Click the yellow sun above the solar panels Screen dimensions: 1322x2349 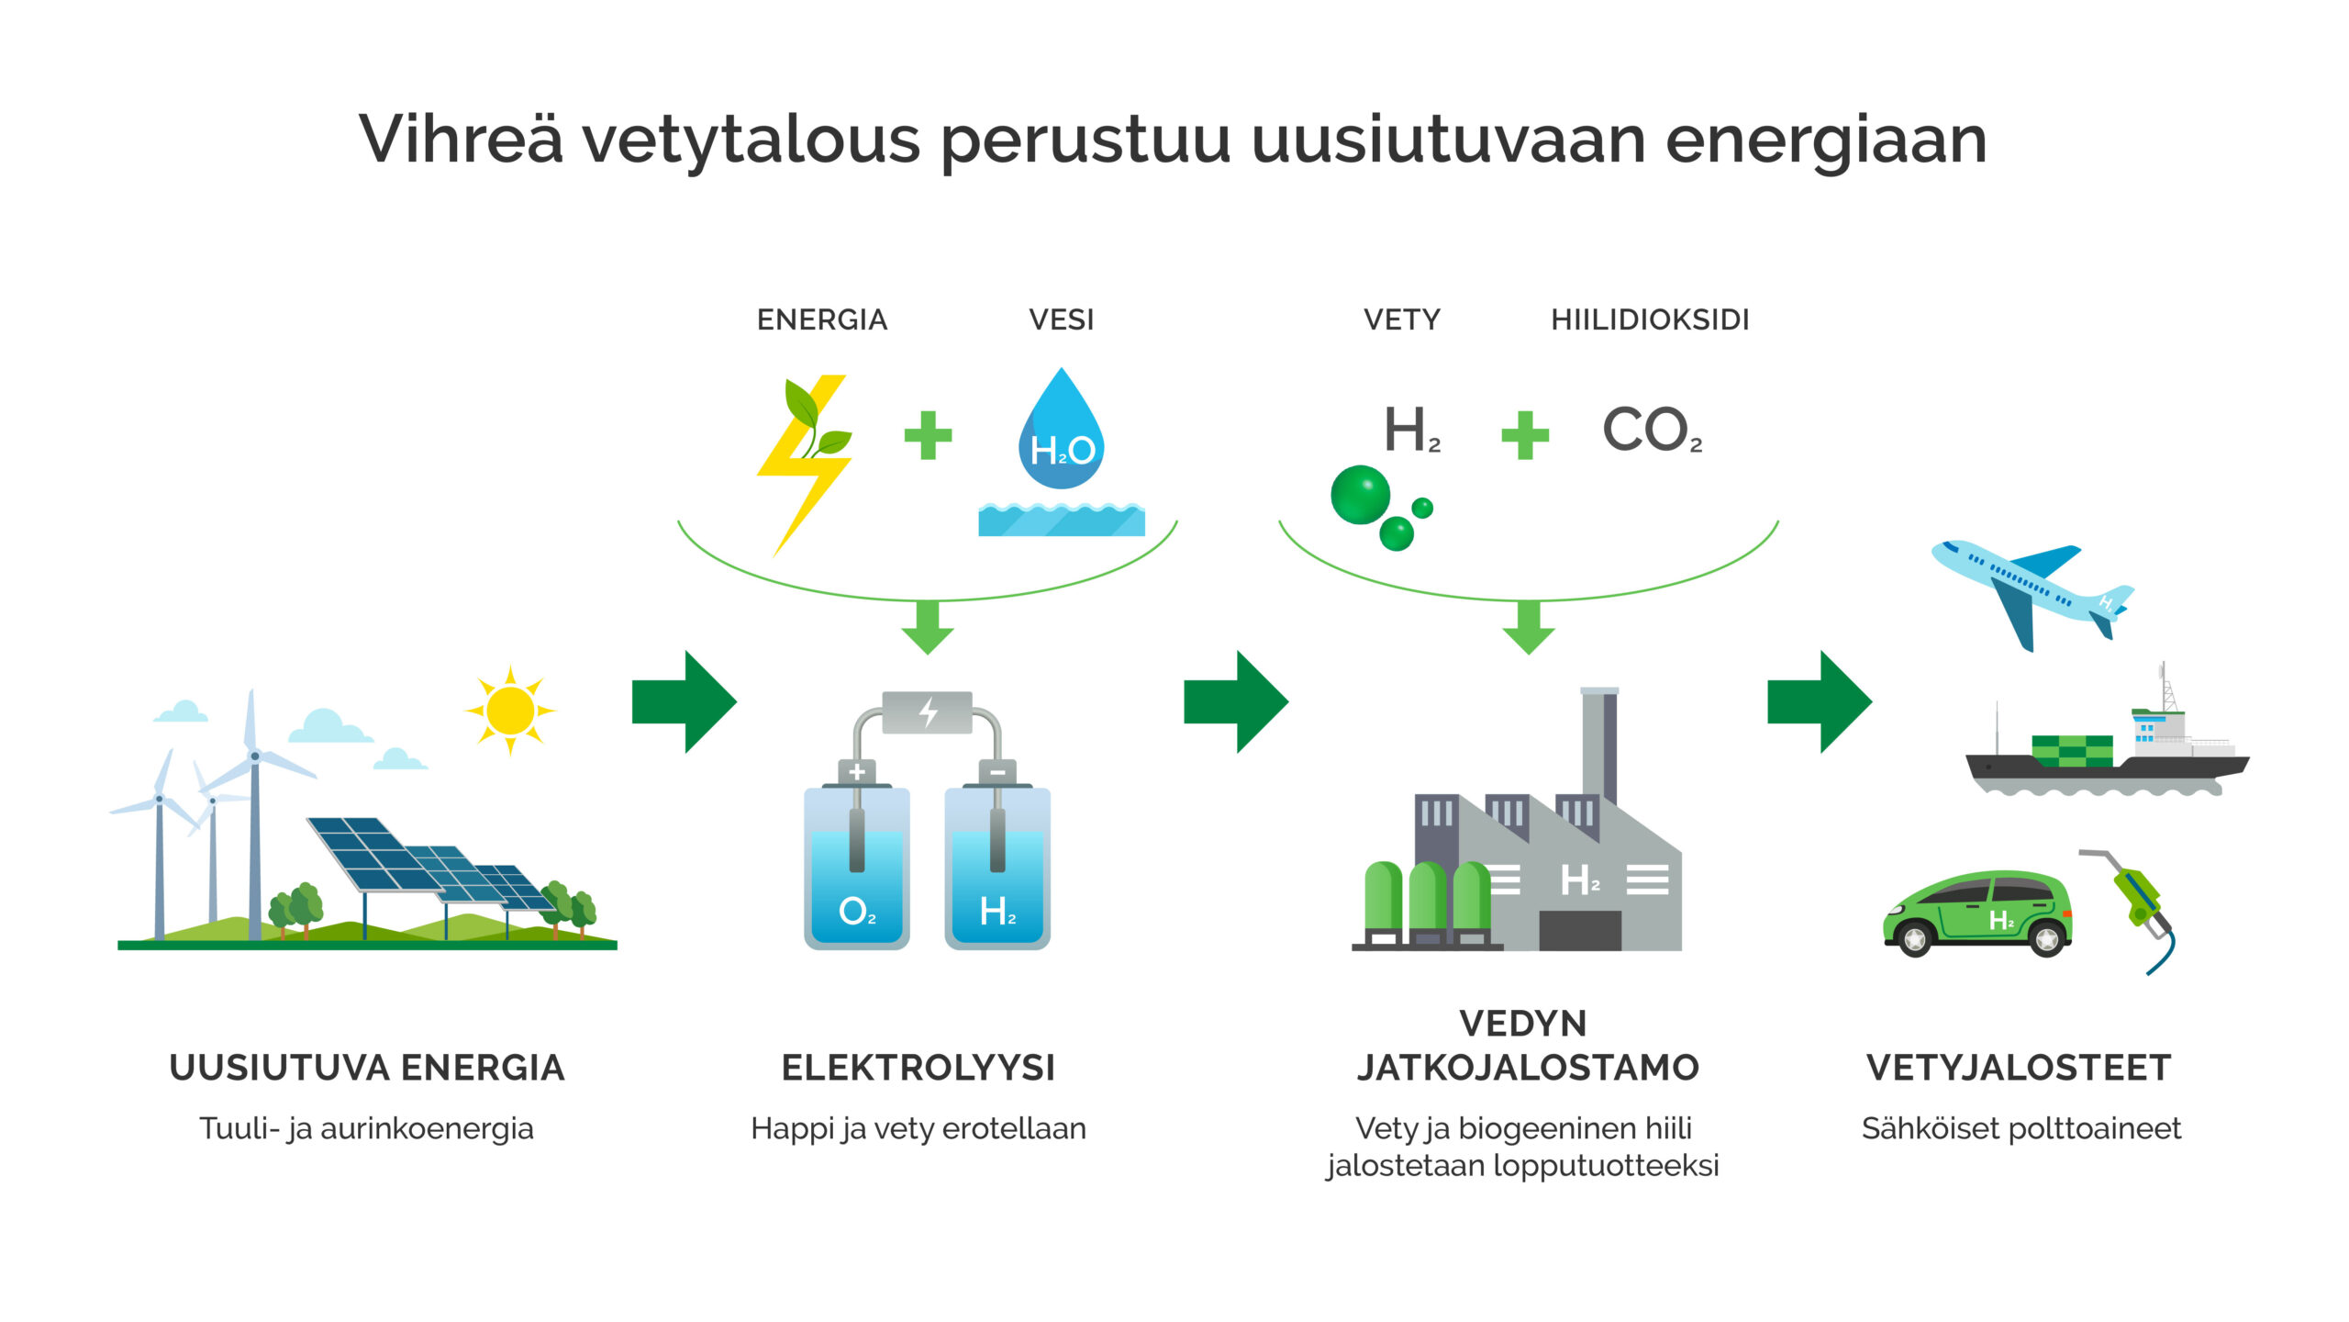pos(510,710)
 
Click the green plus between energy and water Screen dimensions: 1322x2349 pos(928,434)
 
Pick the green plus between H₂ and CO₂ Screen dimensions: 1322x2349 pos(1524,434)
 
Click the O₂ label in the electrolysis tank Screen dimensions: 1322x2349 pos(857,911)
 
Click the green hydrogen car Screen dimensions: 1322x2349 pos(1977,913)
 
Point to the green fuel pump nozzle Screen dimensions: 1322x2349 pos(2138,900)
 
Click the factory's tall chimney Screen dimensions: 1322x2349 pos(1599,744)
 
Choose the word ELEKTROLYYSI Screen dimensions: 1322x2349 pos(918,1068)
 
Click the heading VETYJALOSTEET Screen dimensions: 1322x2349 pos(2019,1068)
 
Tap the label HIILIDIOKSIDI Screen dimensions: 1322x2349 pos(1650,319)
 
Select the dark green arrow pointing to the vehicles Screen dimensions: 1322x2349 pos(1820,701)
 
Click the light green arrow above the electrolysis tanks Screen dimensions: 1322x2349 pos(928,626)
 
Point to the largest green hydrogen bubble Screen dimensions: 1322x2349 pos(1360,494)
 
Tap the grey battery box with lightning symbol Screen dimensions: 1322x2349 pos(927,712)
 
